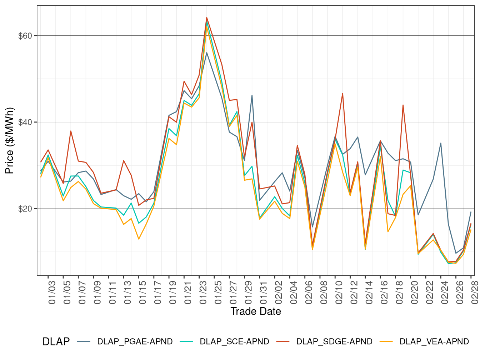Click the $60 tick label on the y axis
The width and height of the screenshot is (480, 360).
[25, 36]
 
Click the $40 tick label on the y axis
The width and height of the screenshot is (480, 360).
[25, 122]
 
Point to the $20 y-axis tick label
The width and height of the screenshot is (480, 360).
[25, 209]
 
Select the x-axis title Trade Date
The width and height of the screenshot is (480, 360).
[256, 311]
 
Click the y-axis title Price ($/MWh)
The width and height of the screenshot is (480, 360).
[9, 141]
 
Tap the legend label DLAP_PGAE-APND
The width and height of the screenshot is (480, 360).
[135, 342]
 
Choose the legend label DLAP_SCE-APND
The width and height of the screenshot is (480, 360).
[234, 342]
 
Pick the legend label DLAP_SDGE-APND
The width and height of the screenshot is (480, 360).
[334, 342]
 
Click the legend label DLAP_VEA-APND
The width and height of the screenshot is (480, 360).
[434, 342]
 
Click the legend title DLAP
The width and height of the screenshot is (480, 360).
[56, 342]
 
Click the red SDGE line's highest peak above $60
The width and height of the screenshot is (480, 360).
[207, 17]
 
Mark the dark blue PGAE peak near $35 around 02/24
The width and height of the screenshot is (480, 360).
[441, 143]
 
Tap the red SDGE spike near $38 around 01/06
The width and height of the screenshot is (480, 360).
[71, 131]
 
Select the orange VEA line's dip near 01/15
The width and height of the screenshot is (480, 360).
[139, 239]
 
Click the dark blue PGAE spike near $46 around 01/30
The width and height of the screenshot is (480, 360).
[252, 95]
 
